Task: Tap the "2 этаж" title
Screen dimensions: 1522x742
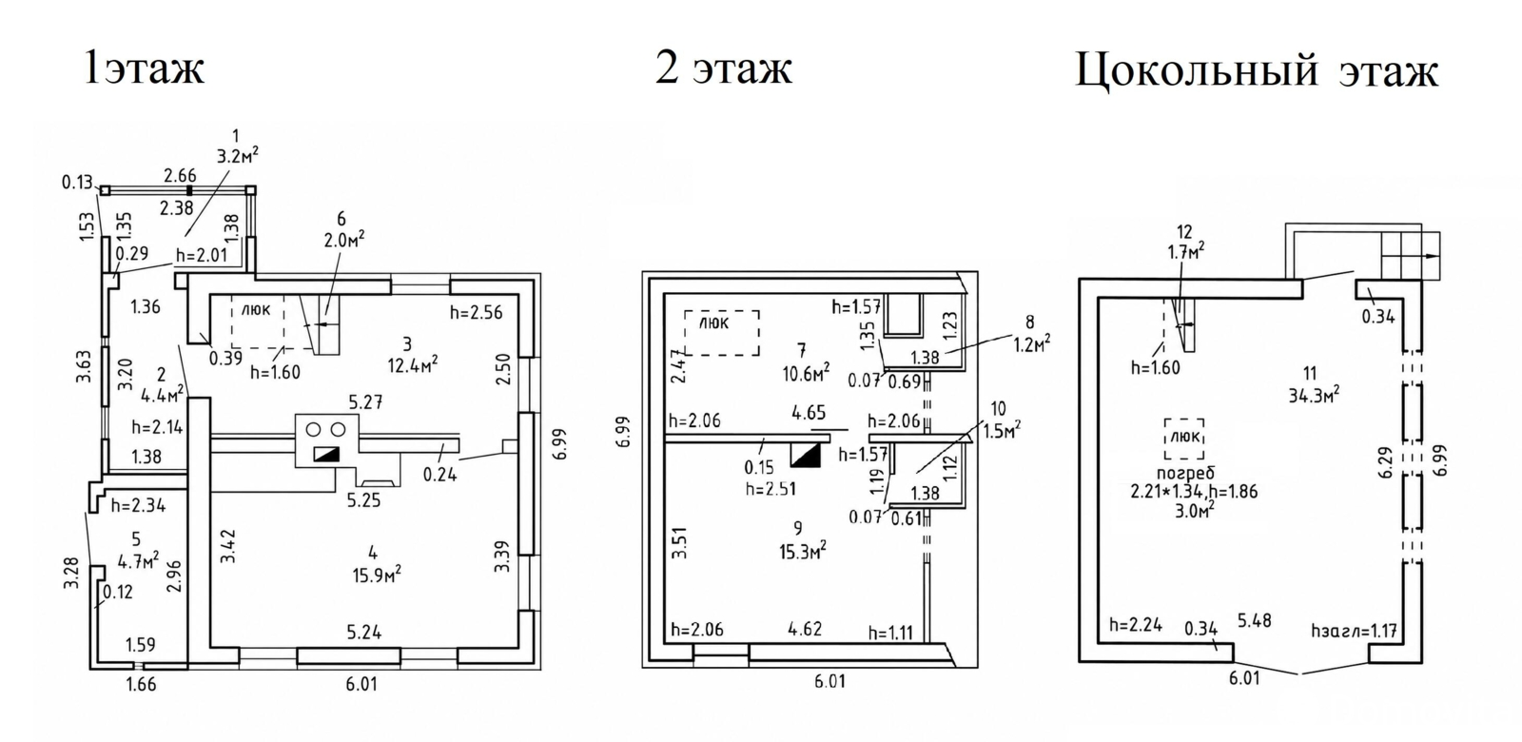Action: click(x=724, y=68)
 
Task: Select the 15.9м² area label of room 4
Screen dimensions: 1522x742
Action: click(x=377, y=575)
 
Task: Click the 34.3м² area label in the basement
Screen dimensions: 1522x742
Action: click(x=1314, y=394)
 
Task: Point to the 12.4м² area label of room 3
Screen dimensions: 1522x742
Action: click(x=413, y=365)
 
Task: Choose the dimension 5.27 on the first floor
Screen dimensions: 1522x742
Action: click(x=366, y=402)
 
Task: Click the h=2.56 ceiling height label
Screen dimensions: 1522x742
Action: click(x=477, y=313)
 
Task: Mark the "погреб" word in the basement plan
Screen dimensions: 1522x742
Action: click(x=1185, y=473)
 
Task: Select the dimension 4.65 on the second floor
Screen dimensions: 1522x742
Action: click(x=809, y=413)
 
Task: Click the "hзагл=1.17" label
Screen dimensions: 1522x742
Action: click(x=1355, y=632)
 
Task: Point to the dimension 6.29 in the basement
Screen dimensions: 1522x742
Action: click(x=1387, y=463)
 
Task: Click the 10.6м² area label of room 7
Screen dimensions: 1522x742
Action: click(x=805, y=372)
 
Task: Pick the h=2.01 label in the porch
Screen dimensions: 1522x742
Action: click(x=202, y=256)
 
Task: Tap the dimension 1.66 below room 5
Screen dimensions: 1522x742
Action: click(x=142, y=684)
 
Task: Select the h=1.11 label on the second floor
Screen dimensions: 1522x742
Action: click(x=890, y=634)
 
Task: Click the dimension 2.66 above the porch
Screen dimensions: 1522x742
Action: click(x=180, y=175)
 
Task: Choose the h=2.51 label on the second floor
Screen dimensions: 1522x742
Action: click(x=771, y=489)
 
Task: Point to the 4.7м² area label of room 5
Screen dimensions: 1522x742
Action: click(x=138, y=561)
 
